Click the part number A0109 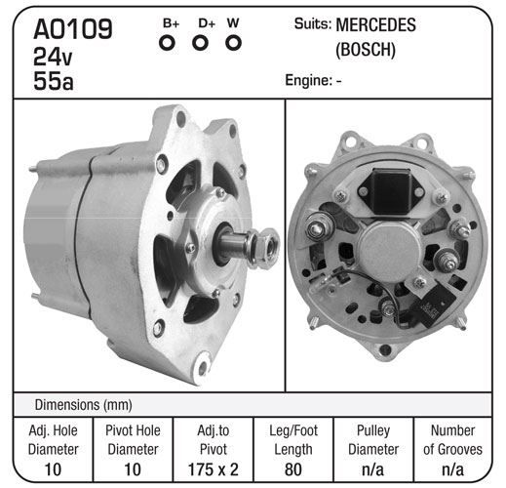pyautogui.click(x=73, y=29)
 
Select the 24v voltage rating pyautogui.click(x=53, y=57)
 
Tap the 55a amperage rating pyautogui.click(x=54, y=81)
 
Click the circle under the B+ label pyautogui.click(x=167, y=43)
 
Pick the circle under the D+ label pyautogui.click(x=200, y=43)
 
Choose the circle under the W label pyautogui.click(x=233, y=43)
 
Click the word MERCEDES pyautogui.click(x=375, y=25)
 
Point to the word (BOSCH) pyautogui.click(x=366, y=50)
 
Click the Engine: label pyautogui.click(x=308, y=80)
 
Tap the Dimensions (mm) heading pyautogui.click(x=84, y=405)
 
